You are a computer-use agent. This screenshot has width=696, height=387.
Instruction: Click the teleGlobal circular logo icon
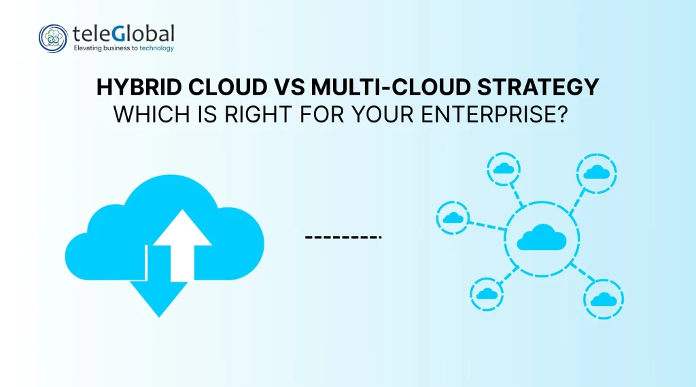coord(53,38)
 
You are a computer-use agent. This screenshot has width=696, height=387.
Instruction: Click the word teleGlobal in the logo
coord(123,33)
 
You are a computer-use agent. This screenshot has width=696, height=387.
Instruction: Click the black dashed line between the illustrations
coord(343,237)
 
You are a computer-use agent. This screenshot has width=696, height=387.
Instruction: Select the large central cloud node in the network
coord(542,238)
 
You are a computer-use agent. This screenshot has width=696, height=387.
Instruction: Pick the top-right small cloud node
coord(596,172)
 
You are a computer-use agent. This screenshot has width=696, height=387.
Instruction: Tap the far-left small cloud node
coord(451,218)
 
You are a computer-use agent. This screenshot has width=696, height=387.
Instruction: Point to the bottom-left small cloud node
coord(486,293)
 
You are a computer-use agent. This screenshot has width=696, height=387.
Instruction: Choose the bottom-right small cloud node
coord(604,299)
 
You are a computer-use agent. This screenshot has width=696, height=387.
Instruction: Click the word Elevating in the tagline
coord(88,48)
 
